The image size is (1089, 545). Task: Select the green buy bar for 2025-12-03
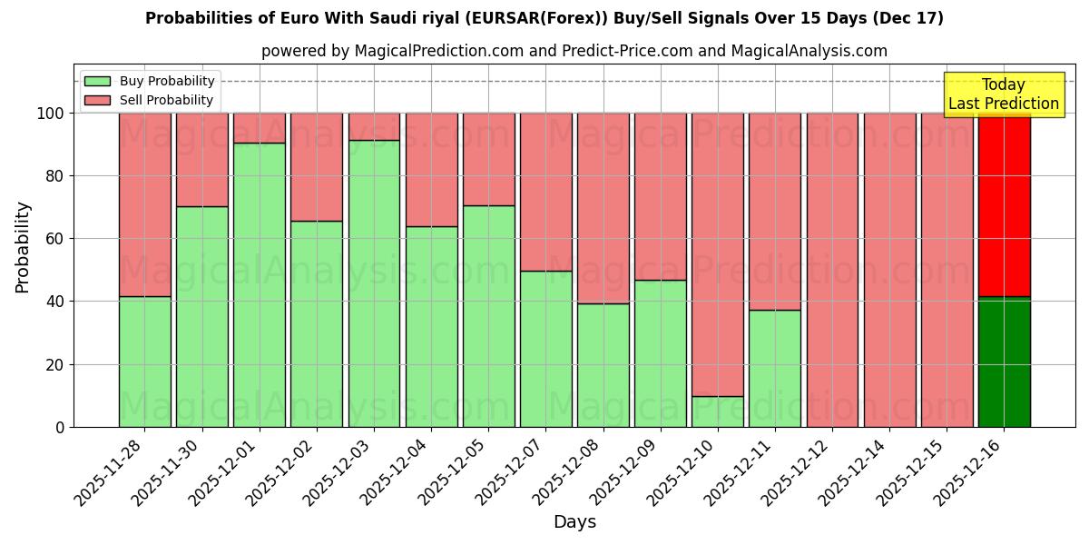[x=374, y=283]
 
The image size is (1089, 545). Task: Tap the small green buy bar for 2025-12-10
[x=718, y=411]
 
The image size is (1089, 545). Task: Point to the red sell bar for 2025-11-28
[x=145, y=204]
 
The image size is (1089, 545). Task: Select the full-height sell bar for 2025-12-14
[x=889, y=270]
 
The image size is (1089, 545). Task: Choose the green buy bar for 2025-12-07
[x=546, y=349]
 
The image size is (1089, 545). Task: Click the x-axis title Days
[x=574, y=522]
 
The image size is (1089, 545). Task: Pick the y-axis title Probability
[x=23, y=247]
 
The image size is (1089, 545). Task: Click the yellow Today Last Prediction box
[x=1004, y=94]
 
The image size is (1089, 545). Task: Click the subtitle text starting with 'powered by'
[x=574, y=51]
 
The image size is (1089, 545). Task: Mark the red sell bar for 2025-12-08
[x=603, y=208]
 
